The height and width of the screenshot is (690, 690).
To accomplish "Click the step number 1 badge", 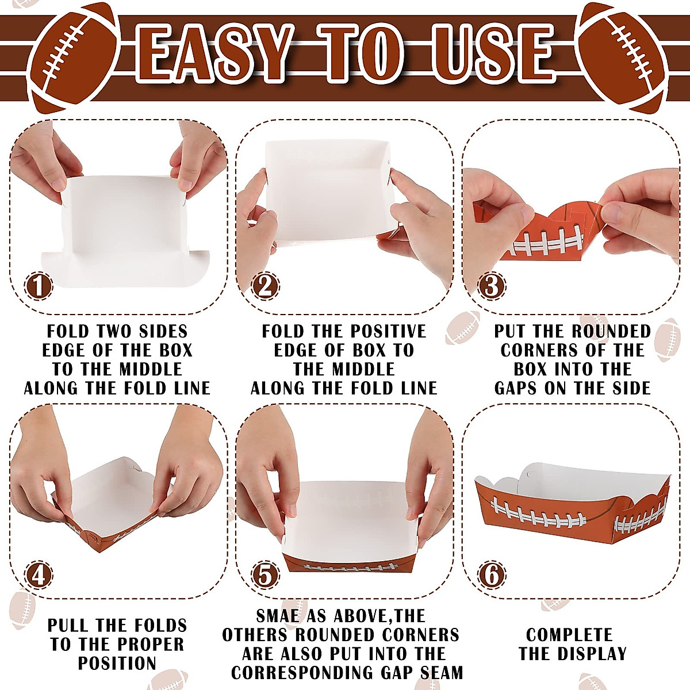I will pos(38,286).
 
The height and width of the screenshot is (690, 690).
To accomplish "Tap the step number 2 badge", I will pos(264,286).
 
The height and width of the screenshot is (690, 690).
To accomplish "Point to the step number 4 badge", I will pos(38,575).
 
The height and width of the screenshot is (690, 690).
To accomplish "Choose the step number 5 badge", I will pos(265,575).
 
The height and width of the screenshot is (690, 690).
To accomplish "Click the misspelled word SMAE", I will pos(278,616).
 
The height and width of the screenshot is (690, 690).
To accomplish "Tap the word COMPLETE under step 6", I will pos(569,635).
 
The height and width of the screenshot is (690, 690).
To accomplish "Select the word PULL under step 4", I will pos(68,626).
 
